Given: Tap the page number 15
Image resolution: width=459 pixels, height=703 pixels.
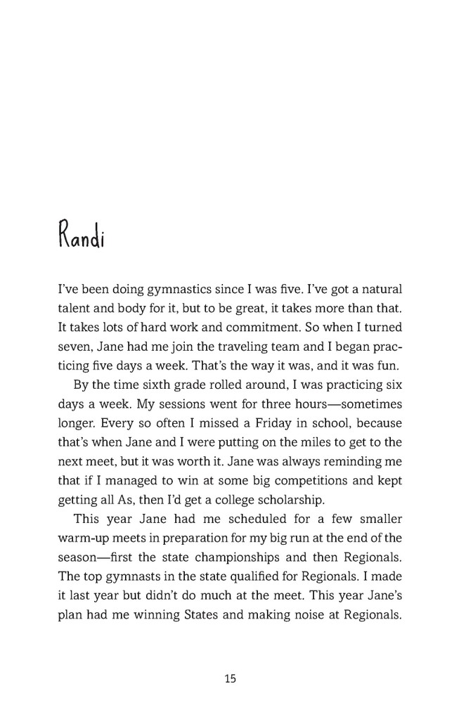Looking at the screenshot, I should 230,678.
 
